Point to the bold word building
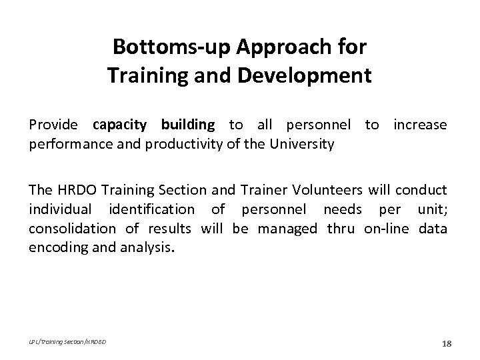187,125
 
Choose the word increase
420,125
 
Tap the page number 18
446,343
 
